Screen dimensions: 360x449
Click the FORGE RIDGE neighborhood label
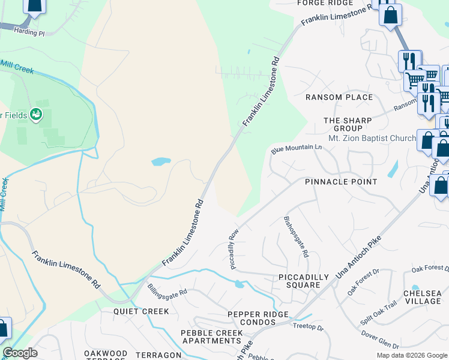coord(325,3)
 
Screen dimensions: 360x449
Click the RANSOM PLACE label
coord(339,97)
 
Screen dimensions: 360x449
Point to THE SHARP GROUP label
coord(348,124)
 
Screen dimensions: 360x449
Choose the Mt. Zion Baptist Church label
coord(372,138)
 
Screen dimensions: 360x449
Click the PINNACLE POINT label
coord(341,182)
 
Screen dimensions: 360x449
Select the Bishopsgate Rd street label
coord(296,236)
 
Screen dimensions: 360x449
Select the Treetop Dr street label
coord(308,328)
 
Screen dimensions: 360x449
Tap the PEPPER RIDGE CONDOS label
coord(258,319)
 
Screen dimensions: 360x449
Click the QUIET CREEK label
coord(141,311)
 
